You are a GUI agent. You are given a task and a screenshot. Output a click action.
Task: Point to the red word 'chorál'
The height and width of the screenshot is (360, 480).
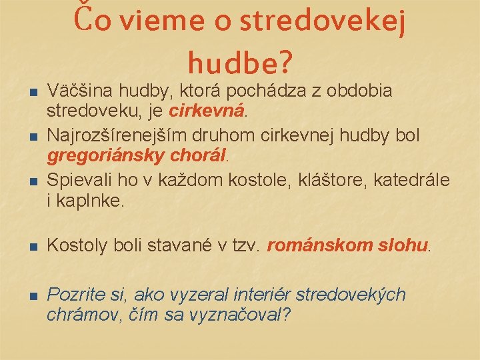(x=197, y=157)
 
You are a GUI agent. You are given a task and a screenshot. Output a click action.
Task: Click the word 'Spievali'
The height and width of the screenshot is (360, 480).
(x=75, y=180)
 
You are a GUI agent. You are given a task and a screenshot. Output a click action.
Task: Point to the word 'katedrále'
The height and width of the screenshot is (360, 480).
(x=413, y=180)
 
